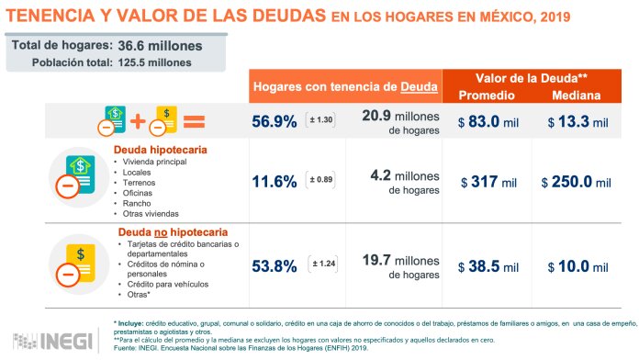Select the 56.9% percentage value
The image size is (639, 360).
(x=273, y=120)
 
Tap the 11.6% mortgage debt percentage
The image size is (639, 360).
(x=273, y=182)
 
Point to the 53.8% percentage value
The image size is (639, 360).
(x=273, y=266)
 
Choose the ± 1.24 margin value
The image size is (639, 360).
(x=324, y=265)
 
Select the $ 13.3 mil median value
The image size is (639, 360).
(x=577, y=120)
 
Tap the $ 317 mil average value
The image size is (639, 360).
(x=487, y=182)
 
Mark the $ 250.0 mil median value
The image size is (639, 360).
(x=577, y=182)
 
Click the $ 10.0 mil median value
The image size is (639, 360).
(x=577, y=266)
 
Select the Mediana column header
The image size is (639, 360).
(x=577, y=95)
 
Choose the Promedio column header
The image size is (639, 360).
(x=487, y=95)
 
